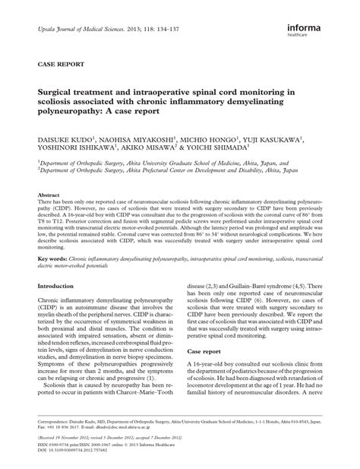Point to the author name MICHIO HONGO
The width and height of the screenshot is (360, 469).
(209, 141)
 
